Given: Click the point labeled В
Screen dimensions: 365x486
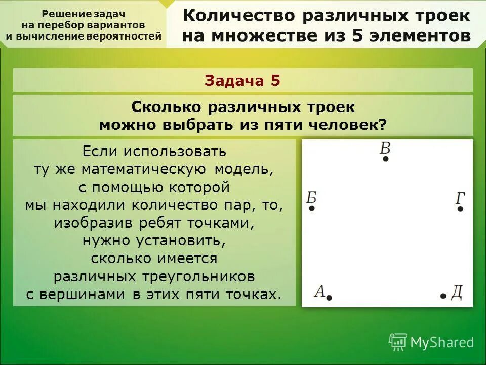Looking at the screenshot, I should (386, 159).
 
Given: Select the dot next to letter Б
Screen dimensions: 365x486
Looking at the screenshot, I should (312, 208).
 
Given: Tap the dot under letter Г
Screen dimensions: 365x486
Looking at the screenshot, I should (460, 208).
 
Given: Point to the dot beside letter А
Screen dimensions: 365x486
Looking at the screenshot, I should (329, 298).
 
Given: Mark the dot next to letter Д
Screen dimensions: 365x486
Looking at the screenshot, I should (443, 296).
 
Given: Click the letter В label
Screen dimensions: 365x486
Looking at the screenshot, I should (385, 148).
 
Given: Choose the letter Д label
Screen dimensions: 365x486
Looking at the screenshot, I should (456, 293).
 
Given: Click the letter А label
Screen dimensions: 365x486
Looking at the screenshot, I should (319, 291).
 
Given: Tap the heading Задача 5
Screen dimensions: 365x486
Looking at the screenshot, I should (242, 80).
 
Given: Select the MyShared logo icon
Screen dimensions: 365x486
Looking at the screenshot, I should (398, 342).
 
